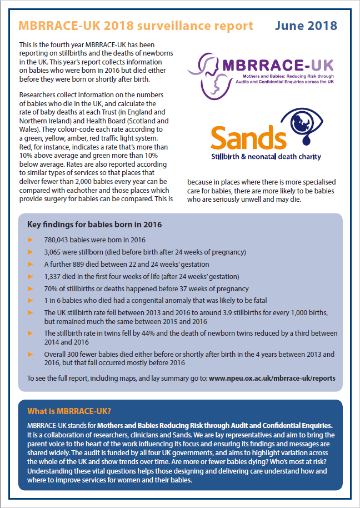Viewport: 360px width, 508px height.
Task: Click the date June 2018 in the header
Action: (306, 26)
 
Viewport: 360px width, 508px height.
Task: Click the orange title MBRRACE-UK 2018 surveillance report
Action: (136, 26)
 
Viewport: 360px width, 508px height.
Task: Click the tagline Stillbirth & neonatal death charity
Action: (266, 157)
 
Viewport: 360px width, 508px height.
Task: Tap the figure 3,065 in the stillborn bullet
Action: (53, 252)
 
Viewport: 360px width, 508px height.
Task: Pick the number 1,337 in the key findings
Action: (53, 276)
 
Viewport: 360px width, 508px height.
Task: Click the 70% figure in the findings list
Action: (51, 288)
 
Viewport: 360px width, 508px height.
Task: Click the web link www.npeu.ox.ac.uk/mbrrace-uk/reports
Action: (272, 378)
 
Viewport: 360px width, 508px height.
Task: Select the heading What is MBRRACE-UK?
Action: (69, 411)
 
